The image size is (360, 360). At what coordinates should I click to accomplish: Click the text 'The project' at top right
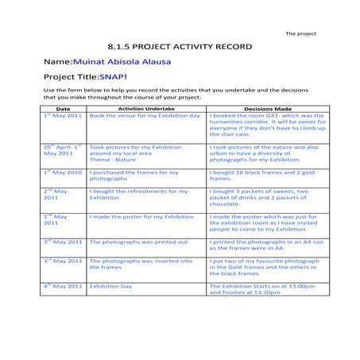pos(300,33)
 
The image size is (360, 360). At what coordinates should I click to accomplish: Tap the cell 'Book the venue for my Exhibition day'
pos(145,116)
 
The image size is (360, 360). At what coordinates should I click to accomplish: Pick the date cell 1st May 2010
pos(63,172)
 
